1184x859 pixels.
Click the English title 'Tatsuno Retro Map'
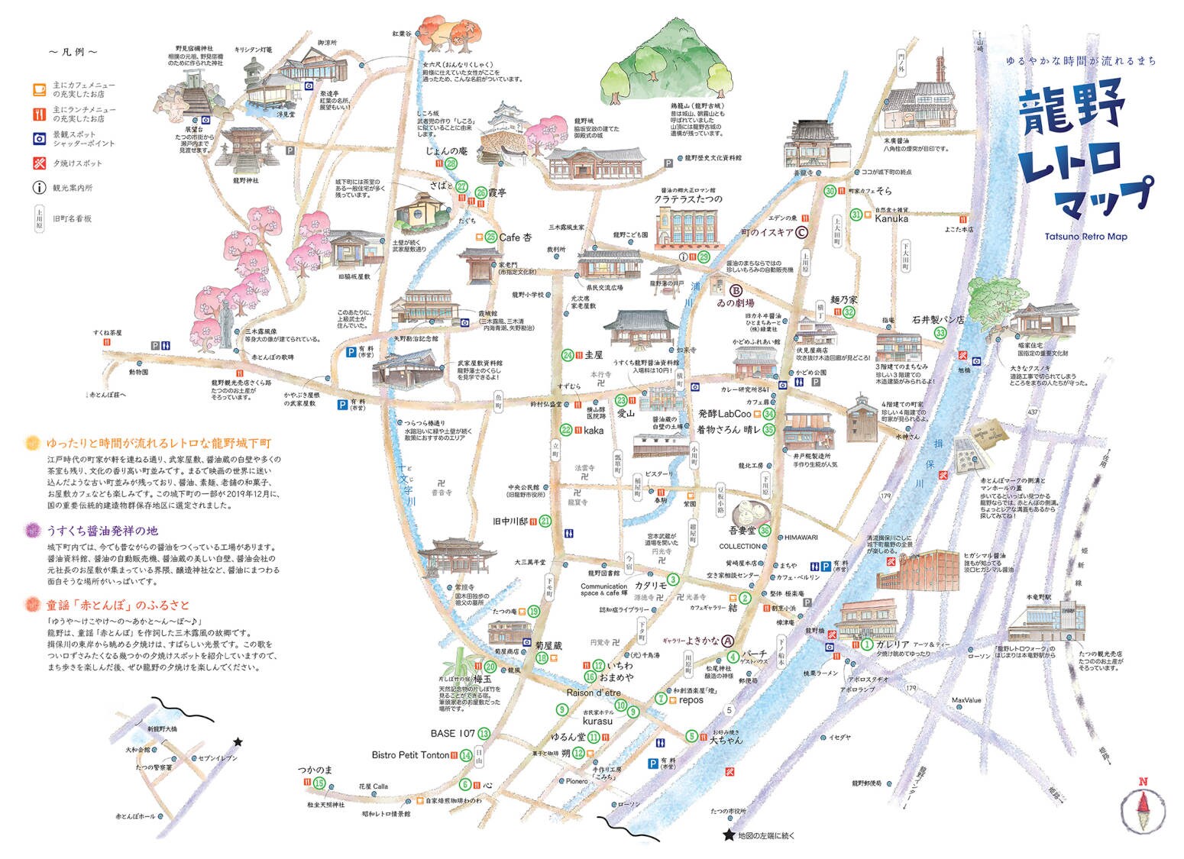[x=1085, y=237]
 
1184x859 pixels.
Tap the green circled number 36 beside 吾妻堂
[x=765, y=531]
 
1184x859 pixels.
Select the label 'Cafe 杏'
[x=515, y=237]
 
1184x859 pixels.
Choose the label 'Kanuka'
[x=891, y=218]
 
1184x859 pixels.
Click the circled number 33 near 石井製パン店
[x=941, y=333]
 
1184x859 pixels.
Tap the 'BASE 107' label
[x=453, y=733]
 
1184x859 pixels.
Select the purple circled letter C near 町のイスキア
[x=801, y=233]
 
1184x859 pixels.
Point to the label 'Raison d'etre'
[x=594, y=693]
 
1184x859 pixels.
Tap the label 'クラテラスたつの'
[x=687, y=199]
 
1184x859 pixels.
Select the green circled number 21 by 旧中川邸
[x=545, y=522]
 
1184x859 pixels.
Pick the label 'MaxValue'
[x=966, y=700]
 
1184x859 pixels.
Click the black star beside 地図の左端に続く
[x=729, y=836]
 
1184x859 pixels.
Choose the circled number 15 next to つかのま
[x=319, y=783]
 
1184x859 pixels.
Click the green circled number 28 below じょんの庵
[x=451, y=163]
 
